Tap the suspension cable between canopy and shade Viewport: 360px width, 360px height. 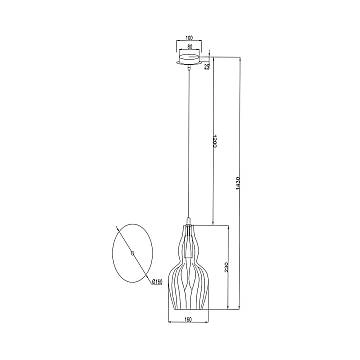190,140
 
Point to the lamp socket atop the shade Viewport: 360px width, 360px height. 190,219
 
